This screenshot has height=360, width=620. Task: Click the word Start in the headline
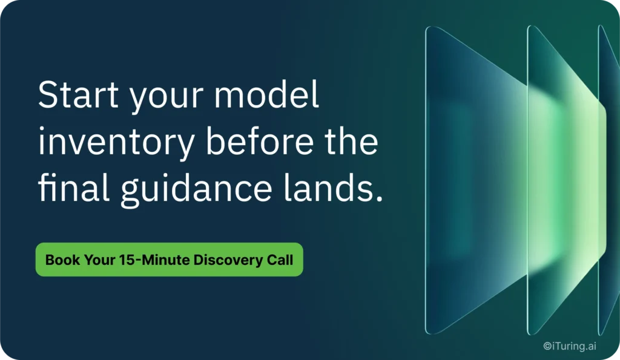78,94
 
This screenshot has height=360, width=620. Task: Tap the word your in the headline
167,99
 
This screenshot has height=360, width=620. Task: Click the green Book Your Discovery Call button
170,260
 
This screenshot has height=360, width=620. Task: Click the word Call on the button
280,260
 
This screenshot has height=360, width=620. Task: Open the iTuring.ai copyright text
569,346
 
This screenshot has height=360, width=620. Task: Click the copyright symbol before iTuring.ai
547,346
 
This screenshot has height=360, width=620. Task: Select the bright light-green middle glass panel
566,180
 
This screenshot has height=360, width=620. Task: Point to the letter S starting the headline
48,94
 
